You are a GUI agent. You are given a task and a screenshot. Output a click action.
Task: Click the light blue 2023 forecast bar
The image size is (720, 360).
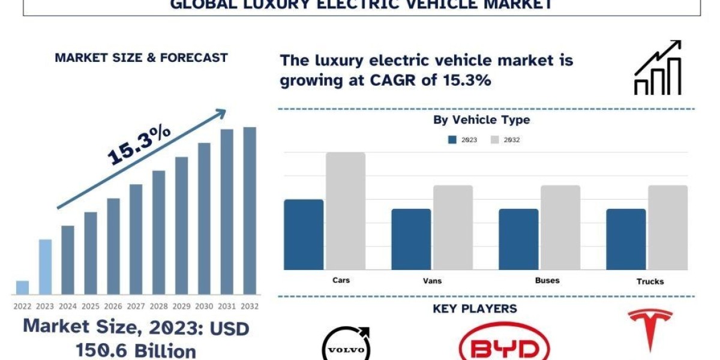45,267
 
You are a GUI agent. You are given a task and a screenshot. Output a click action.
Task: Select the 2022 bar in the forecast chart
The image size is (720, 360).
22,287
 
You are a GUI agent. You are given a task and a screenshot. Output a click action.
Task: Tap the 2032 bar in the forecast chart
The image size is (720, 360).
250,210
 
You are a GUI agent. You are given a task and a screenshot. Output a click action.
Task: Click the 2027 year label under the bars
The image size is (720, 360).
136,307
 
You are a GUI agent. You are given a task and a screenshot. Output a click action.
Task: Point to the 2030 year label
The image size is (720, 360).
204,307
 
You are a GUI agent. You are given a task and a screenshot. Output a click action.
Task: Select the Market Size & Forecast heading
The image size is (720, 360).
141,58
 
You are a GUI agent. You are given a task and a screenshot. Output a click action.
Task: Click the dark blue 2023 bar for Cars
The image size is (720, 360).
304,234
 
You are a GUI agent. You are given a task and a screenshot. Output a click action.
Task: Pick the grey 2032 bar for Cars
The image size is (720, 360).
346,211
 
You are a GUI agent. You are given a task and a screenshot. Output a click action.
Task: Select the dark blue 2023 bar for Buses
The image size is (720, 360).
518,239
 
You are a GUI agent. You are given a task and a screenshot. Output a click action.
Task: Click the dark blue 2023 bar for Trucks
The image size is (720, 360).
626,239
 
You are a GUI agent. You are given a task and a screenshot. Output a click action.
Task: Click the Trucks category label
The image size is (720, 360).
650,281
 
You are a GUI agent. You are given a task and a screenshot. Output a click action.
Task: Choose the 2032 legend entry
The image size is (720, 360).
505,140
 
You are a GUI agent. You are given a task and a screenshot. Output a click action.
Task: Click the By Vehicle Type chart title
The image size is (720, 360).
481,120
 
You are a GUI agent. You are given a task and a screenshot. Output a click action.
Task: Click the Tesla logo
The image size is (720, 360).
650,329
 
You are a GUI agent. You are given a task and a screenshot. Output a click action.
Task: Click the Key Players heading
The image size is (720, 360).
475,309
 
